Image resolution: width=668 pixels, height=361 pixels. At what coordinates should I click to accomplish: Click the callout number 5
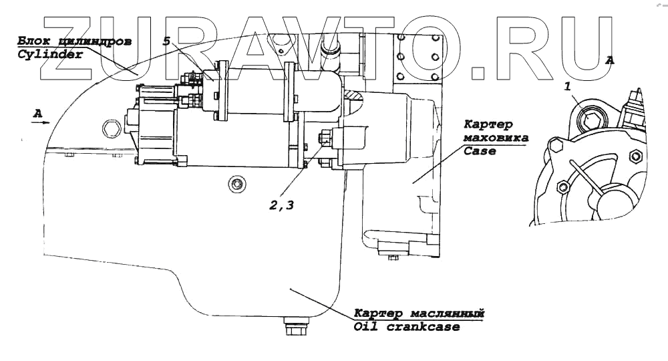(166, 41)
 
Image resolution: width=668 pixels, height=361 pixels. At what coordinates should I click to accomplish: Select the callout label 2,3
(281, 205)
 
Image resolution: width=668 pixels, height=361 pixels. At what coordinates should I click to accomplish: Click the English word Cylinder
(49, 55)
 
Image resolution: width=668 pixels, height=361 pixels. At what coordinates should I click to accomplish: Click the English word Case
(480, 152)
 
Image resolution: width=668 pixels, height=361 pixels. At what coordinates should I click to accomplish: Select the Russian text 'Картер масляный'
(418, 314)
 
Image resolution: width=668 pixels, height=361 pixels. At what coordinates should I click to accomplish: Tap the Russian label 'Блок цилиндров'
(73, 41)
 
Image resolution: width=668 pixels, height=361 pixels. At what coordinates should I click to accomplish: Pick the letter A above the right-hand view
(609, 59)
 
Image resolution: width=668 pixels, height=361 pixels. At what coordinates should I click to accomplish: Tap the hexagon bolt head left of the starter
(110, 126)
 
